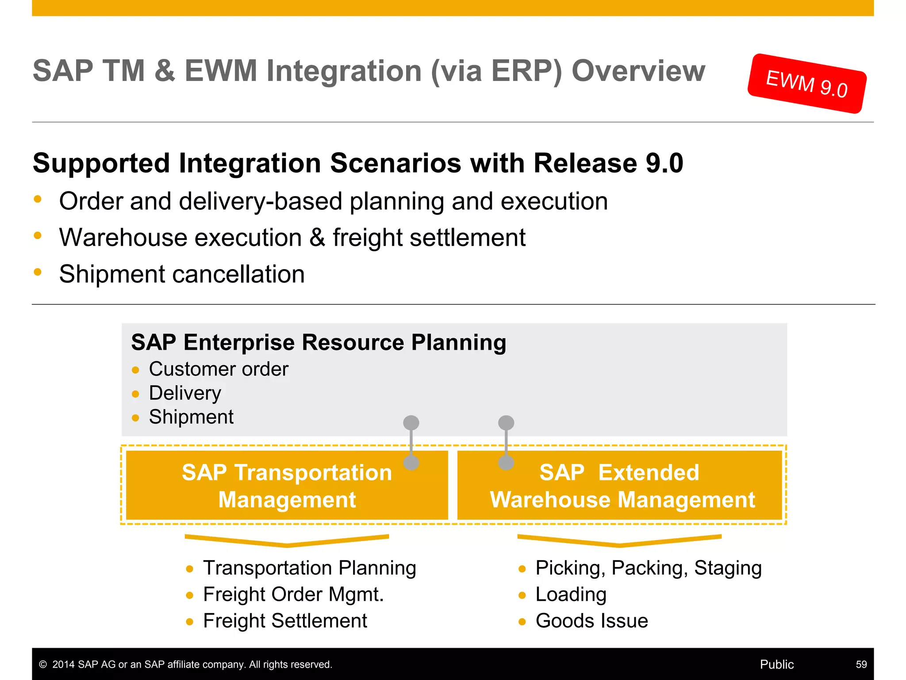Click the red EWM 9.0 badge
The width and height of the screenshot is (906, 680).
click(x=806, y=84)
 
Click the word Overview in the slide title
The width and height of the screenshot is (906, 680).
click(x=638, y=71)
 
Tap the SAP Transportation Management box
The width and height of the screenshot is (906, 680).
click(x=287, y=486)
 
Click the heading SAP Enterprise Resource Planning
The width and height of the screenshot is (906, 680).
click(x=319, y=343)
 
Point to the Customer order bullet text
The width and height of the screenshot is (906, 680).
click(x=219, y=369)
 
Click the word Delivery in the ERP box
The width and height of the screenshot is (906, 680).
click(x=185, y=393)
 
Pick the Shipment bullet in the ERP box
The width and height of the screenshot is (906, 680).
click(x=191, y=417)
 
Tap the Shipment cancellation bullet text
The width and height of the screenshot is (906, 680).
click(x=182, y=274)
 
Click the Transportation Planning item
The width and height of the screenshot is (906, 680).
click(x=309, y=568)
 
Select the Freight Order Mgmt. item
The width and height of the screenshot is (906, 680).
click(x=293, y=595)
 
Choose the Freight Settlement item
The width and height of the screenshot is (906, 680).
click(x=285, y=621)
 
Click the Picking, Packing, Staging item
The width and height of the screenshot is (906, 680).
click(x=648, y=568)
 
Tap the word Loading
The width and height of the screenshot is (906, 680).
click(x=571, y=595)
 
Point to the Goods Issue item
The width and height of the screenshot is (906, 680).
click(x=591, y=621)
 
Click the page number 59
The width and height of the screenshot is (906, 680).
click(x=861, y=665)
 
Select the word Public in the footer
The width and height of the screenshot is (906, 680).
click(x=776, y=665)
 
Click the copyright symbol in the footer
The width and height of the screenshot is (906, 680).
click(x=43, y=665)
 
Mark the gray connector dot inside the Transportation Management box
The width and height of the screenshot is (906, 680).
click(x=411, y=463)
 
